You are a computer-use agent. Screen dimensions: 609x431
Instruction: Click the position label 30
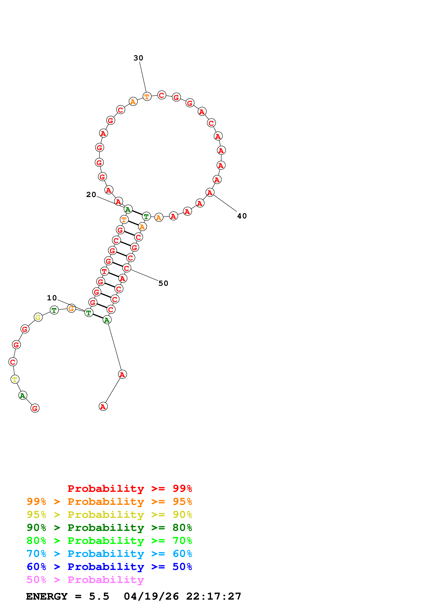138,58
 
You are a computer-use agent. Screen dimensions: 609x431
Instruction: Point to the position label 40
242,216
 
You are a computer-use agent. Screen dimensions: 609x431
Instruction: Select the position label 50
163,283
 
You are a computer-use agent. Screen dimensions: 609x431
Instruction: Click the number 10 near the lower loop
52,298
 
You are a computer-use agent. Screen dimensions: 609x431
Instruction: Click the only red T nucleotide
104,271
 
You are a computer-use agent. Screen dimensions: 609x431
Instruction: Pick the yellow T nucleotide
15,379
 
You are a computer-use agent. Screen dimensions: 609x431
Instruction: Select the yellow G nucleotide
38,317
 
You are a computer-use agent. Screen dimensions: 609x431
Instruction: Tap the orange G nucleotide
71,308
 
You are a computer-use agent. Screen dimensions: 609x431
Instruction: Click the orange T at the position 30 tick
147,97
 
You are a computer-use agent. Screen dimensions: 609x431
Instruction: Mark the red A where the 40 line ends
210,193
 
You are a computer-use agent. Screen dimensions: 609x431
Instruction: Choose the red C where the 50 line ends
127,268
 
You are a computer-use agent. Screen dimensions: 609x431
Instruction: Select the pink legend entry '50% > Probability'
85,580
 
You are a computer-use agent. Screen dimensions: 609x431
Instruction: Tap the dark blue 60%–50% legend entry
109,567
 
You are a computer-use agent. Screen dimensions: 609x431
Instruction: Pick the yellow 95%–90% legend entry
109,515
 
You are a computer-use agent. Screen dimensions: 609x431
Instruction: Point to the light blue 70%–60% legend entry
109,554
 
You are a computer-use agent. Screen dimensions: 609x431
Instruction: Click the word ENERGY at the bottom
47,597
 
